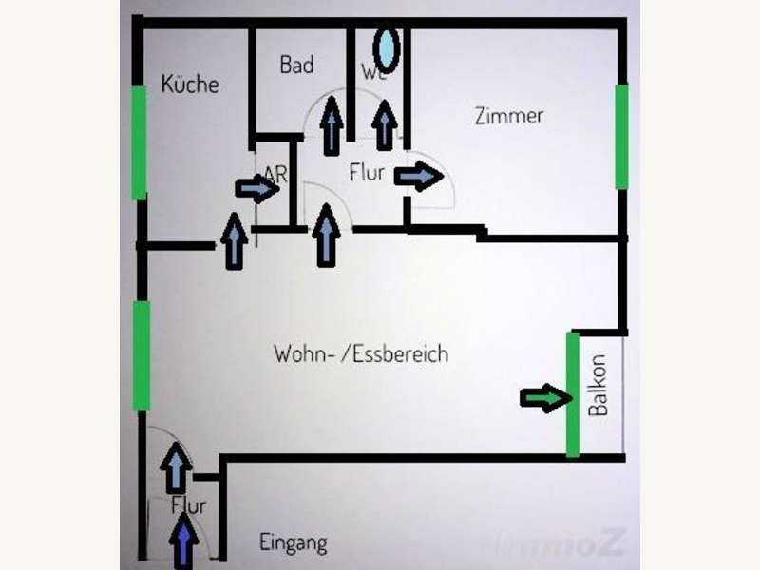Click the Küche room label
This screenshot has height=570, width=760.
coord(190,84)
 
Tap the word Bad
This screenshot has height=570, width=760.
coord(296,66)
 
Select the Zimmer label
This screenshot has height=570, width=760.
coord(508,116)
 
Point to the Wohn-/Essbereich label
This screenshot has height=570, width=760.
coord(361,354)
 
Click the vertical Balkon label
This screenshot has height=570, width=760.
coord(598,387)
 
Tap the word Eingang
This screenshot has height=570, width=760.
coord(294,543)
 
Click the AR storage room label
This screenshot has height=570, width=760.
coord(276,174)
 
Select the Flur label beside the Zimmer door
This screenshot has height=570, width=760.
coord(367,173)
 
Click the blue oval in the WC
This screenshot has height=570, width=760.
coord(387,47)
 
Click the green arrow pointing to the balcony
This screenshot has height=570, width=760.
coord(542,399)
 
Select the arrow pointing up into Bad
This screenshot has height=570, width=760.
coord(332,124)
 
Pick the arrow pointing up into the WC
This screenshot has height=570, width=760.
coord(385,124)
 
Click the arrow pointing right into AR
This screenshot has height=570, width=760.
coord(257,189)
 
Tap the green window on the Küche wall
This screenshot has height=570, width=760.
coord(139,142)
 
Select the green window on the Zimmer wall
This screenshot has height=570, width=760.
coord(621,137)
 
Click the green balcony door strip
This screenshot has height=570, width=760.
coord(573,393)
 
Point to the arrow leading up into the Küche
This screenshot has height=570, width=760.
coord(234,240)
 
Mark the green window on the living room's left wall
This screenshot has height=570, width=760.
coord(142,355)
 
